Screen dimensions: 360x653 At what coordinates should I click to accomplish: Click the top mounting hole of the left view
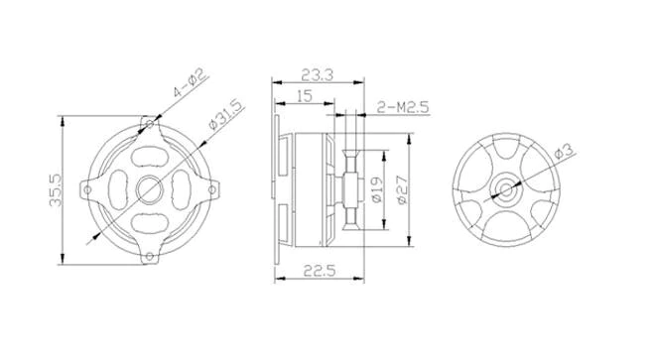151,124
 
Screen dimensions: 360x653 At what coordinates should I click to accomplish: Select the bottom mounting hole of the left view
151,257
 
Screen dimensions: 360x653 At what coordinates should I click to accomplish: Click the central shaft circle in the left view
151,187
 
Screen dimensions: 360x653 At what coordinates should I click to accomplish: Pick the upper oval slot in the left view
151,156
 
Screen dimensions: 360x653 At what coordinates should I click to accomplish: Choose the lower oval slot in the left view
151,220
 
